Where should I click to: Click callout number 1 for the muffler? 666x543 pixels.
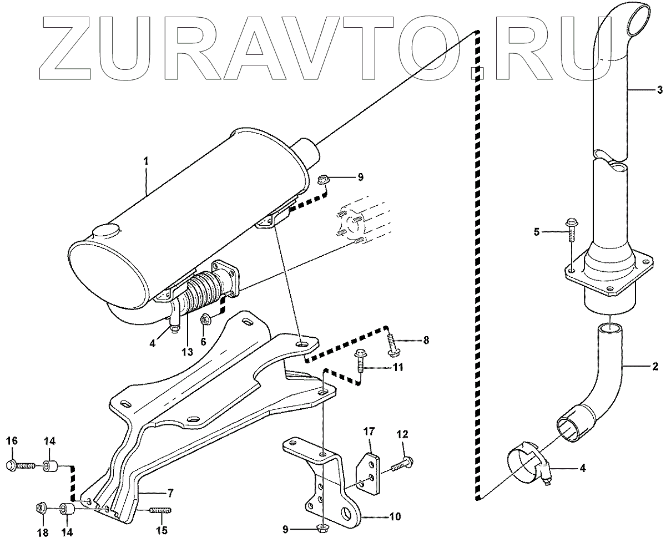146,161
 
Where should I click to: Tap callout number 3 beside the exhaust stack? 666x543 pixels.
659,89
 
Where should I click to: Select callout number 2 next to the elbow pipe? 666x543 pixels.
655,366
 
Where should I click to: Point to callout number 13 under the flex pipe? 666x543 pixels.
186,352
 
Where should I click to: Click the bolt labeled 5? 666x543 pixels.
572,230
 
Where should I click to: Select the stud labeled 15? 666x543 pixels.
160,511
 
